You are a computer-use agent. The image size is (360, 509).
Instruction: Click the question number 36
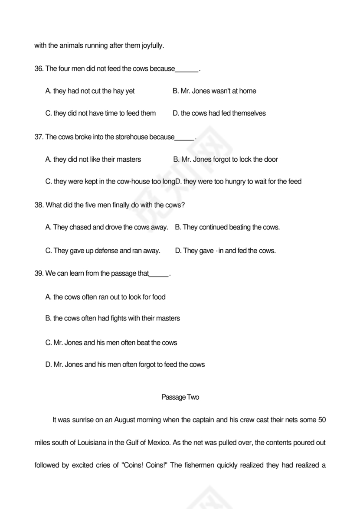(39, 69)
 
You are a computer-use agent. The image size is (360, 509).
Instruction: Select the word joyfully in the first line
(153, 46)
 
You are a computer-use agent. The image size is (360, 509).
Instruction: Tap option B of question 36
(214, 91)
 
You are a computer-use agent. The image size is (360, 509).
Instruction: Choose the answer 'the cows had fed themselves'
(219, 114)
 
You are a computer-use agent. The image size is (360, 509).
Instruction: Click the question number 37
(39, 137)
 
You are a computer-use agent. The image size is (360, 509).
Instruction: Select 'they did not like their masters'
(93, 160)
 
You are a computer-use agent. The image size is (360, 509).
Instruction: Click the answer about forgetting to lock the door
(226, 160)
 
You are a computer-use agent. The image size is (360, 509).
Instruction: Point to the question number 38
(39, 205)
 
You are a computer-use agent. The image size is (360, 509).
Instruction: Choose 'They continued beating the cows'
(227, 227)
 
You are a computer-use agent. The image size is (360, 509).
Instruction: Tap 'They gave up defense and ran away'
(103, 251)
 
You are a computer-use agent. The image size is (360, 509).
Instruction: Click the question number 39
(39, 274)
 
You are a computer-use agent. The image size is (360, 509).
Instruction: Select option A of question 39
(105, 297)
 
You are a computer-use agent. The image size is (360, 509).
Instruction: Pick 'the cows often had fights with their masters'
(112, 318)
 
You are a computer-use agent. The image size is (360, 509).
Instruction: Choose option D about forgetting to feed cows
(125, 365)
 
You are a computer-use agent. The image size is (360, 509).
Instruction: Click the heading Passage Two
(180, 397)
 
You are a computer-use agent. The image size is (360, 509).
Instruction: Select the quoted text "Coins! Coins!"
(146, 465)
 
